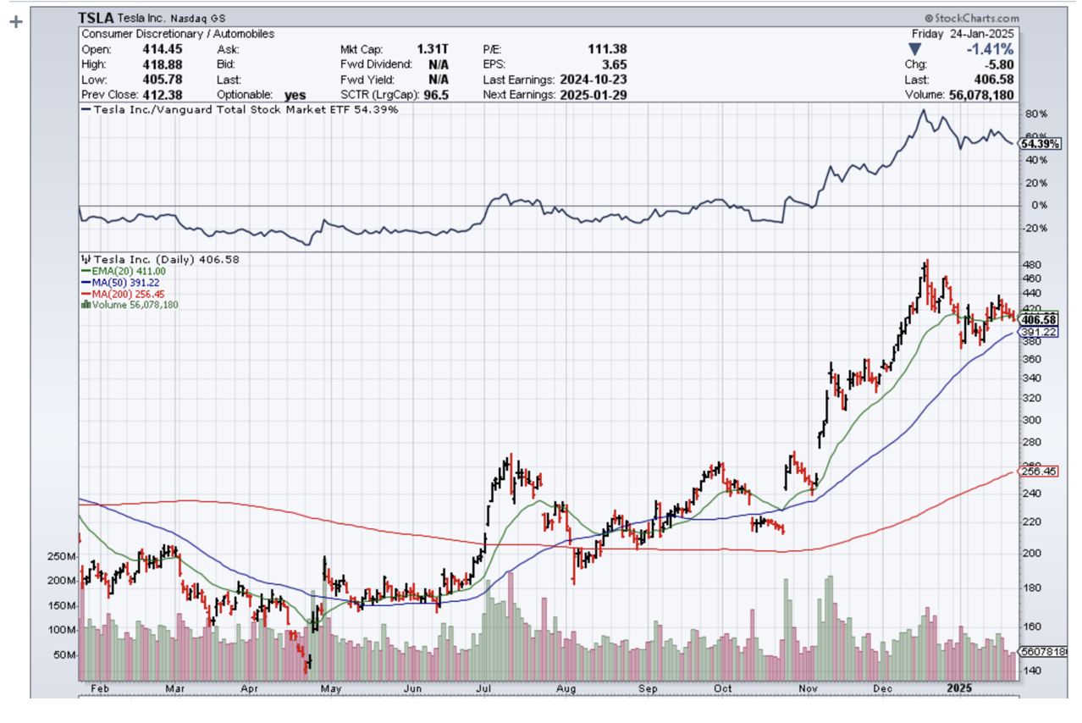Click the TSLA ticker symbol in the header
pyautogui.click(x=95, y=18)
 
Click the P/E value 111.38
pyautogui.click(x=607, y=49)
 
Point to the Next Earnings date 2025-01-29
pyautogui.click(x=593, y=95)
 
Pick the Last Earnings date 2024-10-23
pyautogui.click(x=593, y=80)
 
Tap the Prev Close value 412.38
pyautogui.click(x=163, y=95)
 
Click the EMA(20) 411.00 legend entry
pyautogui.click(x=130, y=271)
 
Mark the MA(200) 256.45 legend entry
pyautogui.click(x=130, y=294)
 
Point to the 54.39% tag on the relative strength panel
pyautogui.click(x=1038, y=144)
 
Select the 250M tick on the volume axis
pyautogui.click(x=62, y=556)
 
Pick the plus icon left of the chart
pyautogui.click(x=14, y=22)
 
